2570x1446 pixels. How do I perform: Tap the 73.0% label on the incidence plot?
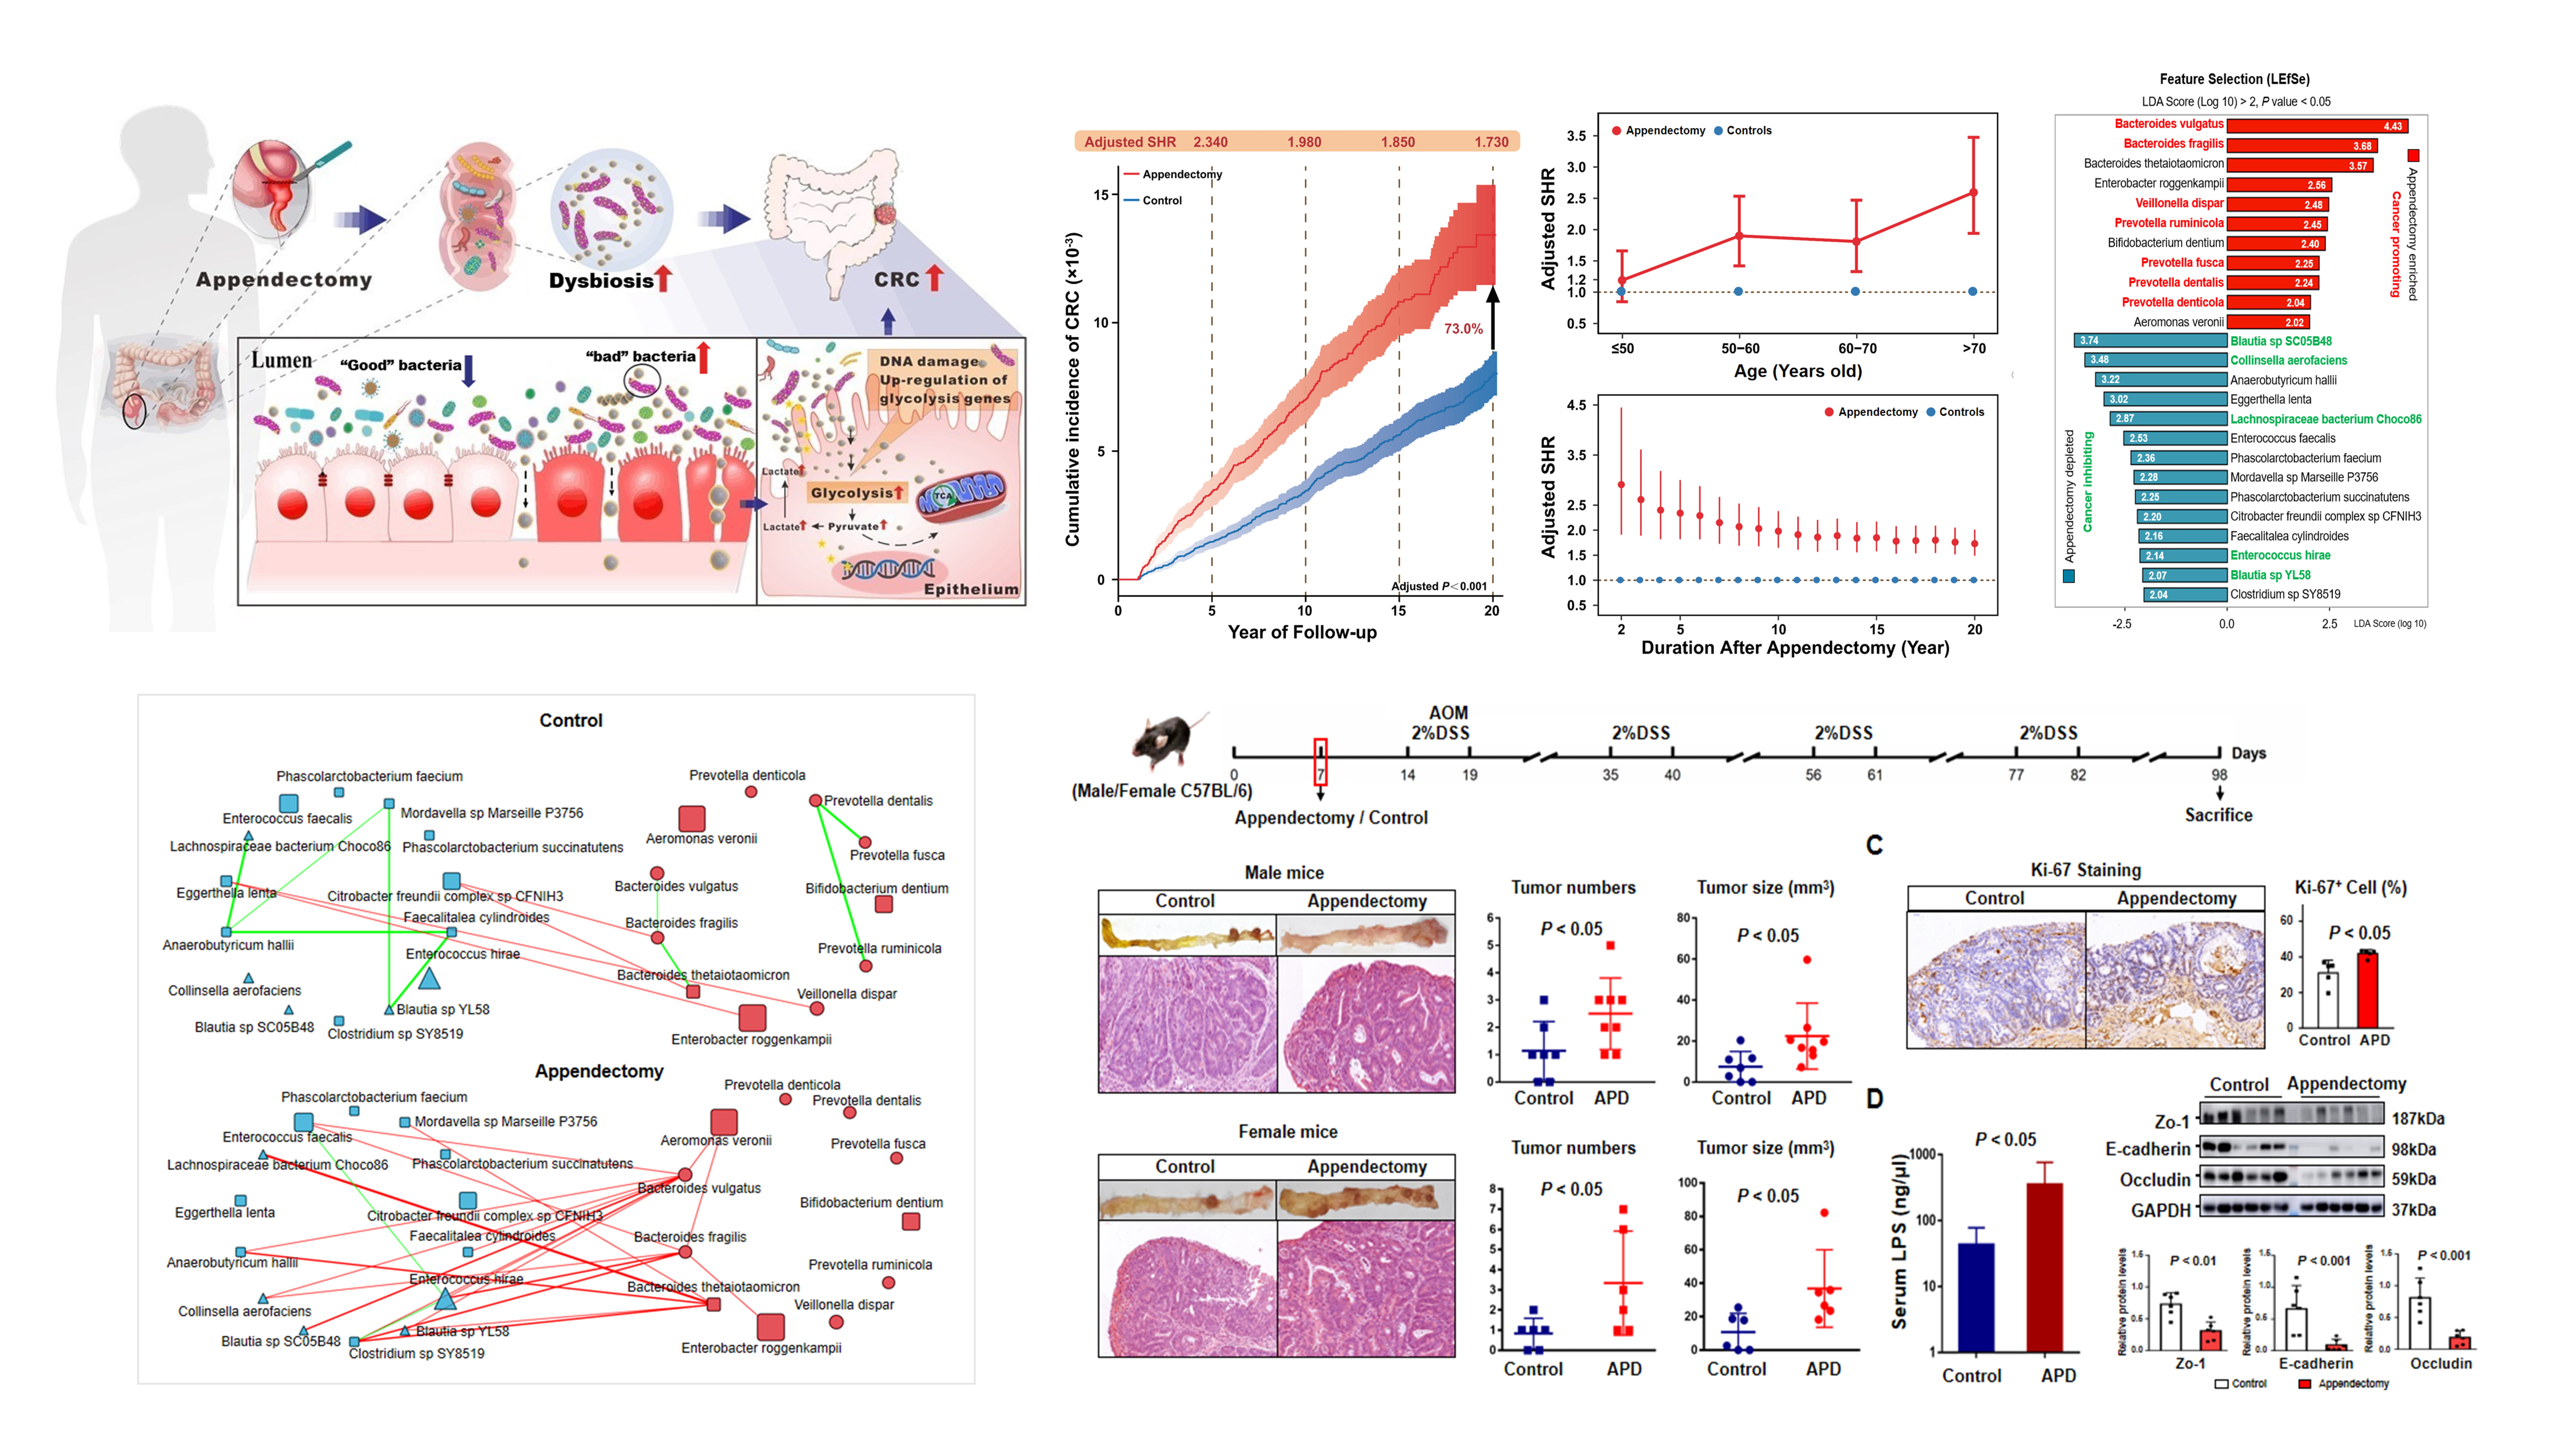click(x=1463, y=328)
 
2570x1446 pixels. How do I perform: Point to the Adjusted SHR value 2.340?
click(x=1210, y=142)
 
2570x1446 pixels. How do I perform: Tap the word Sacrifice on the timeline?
click(x=2218, y=815)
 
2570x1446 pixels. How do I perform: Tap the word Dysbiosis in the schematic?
click(x=601, y=281)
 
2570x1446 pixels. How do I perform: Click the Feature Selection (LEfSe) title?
click(x=2234, y=79)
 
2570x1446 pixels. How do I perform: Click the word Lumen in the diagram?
click(x=281, y=360)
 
